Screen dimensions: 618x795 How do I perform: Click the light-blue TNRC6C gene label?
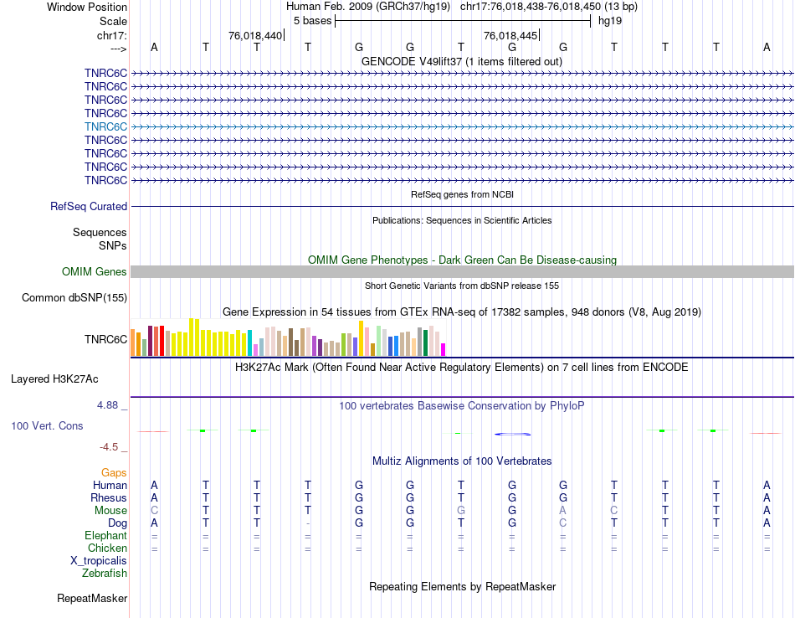click(x=105, y=126)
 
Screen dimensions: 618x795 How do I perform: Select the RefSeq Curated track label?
click(x=89, y=207)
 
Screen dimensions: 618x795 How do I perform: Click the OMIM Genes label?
click(x=95, y=271)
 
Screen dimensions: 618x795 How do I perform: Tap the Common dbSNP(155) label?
click(x=74, y=298)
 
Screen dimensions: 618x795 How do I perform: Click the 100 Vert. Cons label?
click(x=47, y=426)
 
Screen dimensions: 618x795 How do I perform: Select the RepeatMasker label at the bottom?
click(x=92, y=599)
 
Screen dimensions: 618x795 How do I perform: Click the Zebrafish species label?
click(x=105, y=574)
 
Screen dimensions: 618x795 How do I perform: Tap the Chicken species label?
click(x=107, y=548)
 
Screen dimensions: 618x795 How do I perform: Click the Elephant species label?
click(x=105, y=536)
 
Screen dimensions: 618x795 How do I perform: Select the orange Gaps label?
click(x=114, y=473)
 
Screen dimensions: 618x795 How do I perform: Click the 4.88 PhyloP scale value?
click(x=110, y=405)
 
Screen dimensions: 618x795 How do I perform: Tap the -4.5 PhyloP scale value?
click(x=113, y=447)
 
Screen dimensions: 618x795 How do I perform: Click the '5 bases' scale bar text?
click(x=312, y=20)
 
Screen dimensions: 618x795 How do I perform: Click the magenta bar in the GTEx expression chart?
click(x=444, y=349)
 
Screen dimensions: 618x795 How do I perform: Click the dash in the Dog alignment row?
click(x=308, y=523)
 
